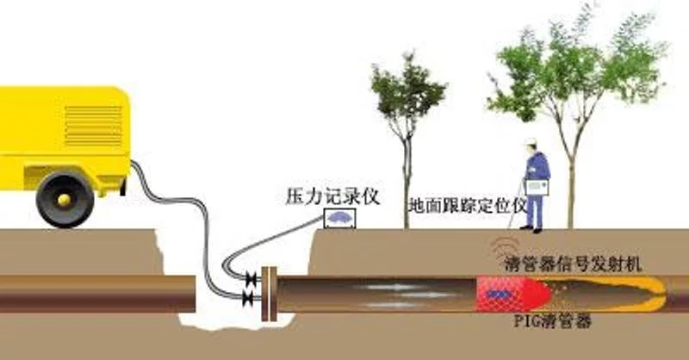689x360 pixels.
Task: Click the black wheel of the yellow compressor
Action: (x=65, y=200)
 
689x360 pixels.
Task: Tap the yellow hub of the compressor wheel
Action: (x=65, y=200)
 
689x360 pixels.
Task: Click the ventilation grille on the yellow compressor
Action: (x=93, y=126)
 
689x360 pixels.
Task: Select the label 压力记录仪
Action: (x=332, y=196)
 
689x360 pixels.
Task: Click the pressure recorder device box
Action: (x=339, y=219)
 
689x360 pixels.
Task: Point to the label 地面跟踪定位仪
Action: (x=468, y=205)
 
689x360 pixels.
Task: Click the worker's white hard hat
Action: (x=531, y=141)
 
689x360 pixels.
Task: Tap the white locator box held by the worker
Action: (x=537, y=187)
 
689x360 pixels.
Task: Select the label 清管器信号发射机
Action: (x=573, y=264)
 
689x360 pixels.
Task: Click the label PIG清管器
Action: (x=552, y=321)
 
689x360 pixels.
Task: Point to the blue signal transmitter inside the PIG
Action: (x=496, y=294)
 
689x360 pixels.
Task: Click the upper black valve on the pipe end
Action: (x=251, y=278)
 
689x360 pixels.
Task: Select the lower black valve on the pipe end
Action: (x=247, y=299)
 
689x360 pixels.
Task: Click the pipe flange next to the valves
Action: (x=269, y=294)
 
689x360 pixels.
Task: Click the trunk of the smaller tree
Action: (x=407, y=184)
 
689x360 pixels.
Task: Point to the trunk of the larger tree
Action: (x=571, y=189)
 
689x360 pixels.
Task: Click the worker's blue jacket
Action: (x=537, y=167)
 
